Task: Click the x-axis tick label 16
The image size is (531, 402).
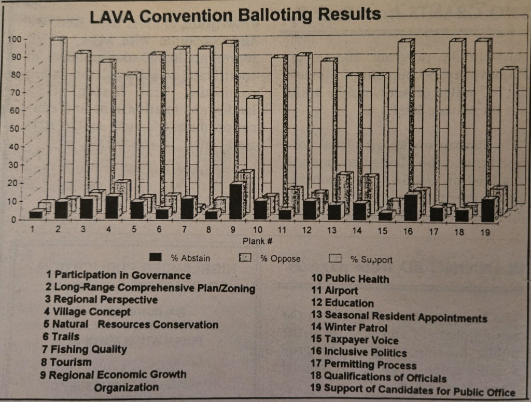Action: [x=408, y=231]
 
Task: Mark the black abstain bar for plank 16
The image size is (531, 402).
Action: [x=411, y=206]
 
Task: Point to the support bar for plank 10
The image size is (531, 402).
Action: [x=253, y=145]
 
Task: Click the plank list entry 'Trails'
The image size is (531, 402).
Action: [x=60, y=337]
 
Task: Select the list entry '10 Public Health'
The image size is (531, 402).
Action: [x=349, y=279]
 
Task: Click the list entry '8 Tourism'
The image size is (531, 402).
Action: [x=66, y=362]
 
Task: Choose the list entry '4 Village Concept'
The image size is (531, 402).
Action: [x=87, y=312]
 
